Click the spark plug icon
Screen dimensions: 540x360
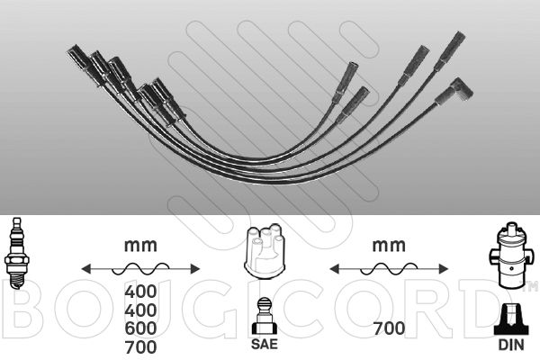click(16, 254)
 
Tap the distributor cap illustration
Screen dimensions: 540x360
click(264, 250)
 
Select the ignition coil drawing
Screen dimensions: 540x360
click(511, 256)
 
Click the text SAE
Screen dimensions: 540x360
click(265, 344)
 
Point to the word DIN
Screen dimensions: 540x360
click(511, 345)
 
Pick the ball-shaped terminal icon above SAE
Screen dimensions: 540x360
click(265, 316)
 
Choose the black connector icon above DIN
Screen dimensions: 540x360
click(511, 319)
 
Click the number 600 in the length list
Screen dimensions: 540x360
click(140, 328)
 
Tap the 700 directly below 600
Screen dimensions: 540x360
click(140, 346)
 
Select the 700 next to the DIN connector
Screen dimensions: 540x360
click(389, 328)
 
